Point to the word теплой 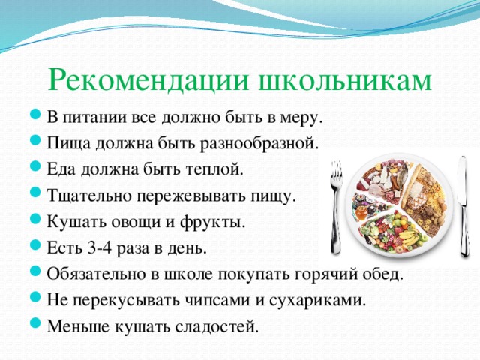(x=216, y=169)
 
